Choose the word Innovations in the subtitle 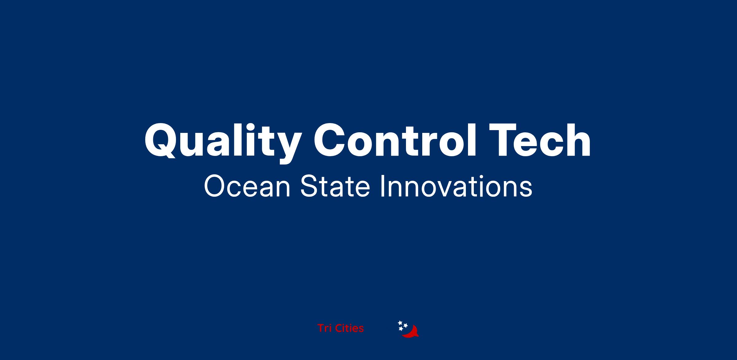456,187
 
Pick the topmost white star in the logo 400,323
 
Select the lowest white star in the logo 401,329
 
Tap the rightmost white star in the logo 405,325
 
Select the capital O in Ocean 214,187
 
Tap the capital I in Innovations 382,187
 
